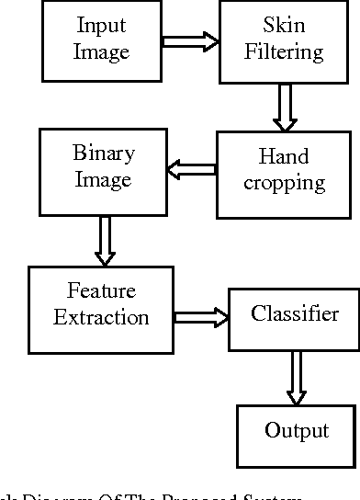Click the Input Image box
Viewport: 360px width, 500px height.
point(101,40)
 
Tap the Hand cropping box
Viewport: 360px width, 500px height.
point(286,172)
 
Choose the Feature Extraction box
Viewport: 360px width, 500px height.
point(101,306)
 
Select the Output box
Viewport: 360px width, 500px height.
point(296,431)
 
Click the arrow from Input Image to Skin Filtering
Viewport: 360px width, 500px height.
point(190,41)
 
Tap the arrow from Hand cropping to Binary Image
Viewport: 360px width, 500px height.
point(190,168)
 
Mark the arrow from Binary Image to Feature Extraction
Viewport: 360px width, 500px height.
point(104,241)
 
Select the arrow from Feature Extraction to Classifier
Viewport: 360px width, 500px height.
point(201,317)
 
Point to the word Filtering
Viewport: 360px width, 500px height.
point(284,51)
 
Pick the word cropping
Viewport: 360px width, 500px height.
point(286,183)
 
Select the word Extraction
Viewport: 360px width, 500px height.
point(101,318)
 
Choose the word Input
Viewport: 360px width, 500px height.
point(101,25)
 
